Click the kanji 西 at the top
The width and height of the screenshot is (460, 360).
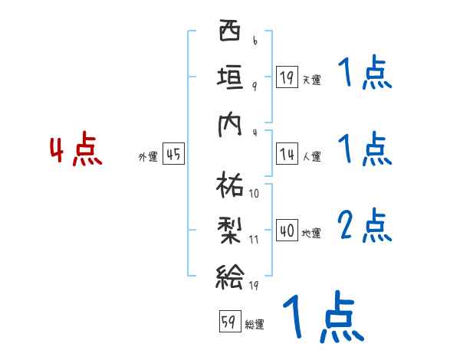pos(229,34)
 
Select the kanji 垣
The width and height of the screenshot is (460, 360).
pos(229,77)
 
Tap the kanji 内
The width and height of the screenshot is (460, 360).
pos(229,123)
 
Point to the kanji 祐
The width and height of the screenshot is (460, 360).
pos(229,184)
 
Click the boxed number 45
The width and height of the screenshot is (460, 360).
pos(173,155)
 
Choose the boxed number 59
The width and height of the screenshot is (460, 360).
pos(228,322)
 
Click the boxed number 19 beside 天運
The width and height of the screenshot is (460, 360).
pos(287,77)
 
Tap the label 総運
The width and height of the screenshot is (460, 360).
pos(255,325)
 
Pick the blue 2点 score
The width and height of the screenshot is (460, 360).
pos(364,226)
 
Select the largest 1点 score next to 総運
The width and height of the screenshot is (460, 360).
pos(322,316)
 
